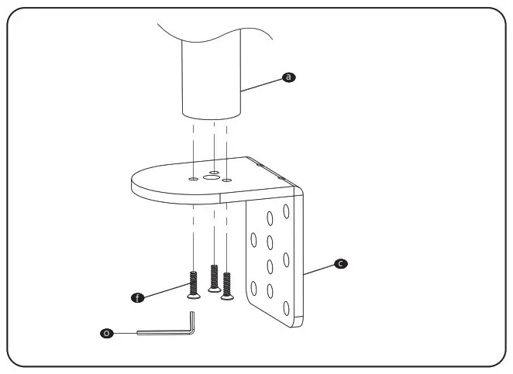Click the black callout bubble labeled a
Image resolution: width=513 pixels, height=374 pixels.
[x=288, y=77]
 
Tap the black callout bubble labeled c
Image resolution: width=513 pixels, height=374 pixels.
[x=339, y=263]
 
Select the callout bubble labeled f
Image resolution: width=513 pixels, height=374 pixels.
[x=138, y=297]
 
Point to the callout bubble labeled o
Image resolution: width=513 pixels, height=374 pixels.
[x=107, y=333]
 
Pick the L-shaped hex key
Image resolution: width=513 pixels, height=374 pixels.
[x=167, y=331]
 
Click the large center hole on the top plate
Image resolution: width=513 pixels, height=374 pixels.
[x=210, y=177]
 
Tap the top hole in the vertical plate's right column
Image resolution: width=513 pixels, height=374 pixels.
[x=286, y=210]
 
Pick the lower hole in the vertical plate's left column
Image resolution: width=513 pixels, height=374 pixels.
[x=255, y=287]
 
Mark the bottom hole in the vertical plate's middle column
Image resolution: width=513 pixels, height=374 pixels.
[x=270, y=292]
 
